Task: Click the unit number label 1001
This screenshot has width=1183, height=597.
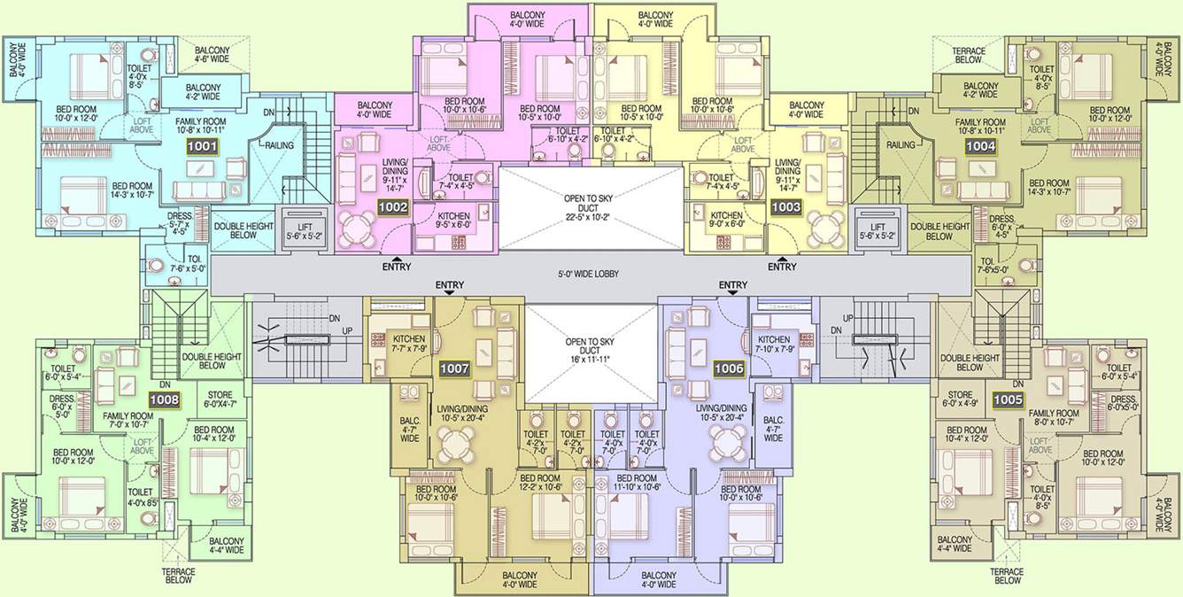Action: [x=202, y=147]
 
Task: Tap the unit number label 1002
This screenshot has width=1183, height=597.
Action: [x=392, y=207]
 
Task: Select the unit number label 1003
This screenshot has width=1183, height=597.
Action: [x=786, y=207]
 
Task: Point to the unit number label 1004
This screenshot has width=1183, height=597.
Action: [x=980, y=147]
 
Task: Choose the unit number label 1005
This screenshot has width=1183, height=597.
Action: [x=1008, y=399]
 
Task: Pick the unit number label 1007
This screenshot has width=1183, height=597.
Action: [x=454, y=368]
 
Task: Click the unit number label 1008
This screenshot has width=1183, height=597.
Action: [x=164, y=400]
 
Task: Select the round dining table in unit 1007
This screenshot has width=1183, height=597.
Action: [x=458, y=440]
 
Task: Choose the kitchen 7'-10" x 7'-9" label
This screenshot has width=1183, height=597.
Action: [x=774, y=345]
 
